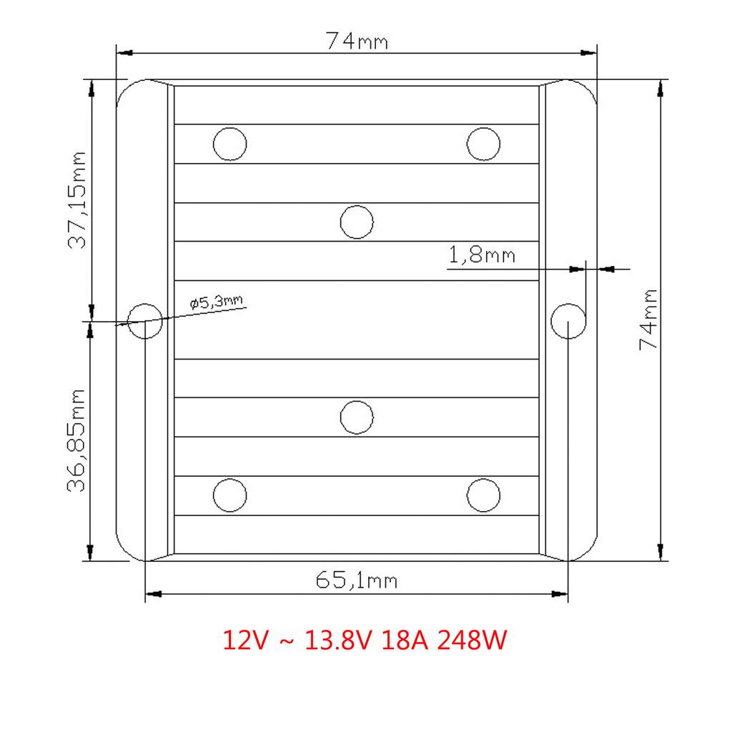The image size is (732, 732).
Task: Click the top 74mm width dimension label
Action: (x=357, y=41)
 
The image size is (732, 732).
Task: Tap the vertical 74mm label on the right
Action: (x=648, y=320)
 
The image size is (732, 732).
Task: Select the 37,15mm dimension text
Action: (x=77, y=200)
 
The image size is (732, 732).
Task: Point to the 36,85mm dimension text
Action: (x=76, y=440)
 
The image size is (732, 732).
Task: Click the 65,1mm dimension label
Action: (x=357, y=580)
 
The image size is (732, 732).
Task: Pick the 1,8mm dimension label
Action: (x=482, y=255)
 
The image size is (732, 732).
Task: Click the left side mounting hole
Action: (x=144, y=321)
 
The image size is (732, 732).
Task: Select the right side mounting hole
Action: (x=568, y=321)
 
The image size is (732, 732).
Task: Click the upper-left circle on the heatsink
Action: (x=229, y=144)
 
